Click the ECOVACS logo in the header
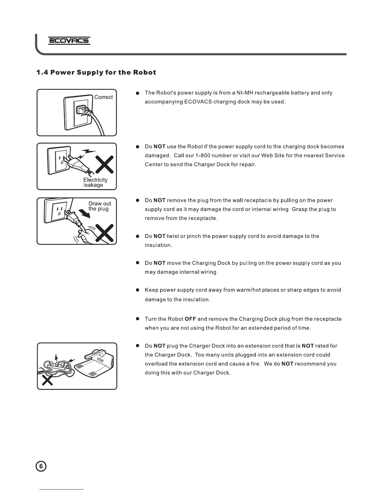click(x=69, y=41)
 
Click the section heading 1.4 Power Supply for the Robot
click(x=96, y=73)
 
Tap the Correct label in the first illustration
click(x=103, y=97)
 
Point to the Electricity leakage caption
click(x=95, y=182)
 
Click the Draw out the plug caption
click(x=99, y=206)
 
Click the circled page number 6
click(x=41, y=467)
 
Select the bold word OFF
click(x=190, y=319)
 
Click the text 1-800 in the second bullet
click(x=202, y=155)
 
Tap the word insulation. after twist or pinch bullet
click(x=158, y=245)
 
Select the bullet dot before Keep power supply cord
click(x=137, y=290)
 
